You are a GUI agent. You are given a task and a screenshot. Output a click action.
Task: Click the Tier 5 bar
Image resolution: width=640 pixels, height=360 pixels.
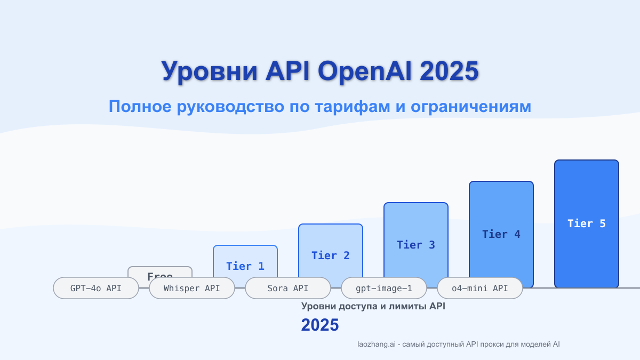coord(587,224)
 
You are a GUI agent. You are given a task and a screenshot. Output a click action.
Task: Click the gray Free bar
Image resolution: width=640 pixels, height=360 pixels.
coord(160,272)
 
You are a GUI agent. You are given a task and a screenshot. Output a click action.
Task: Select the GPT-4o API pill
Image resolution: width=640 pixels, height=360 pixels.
coord(96,288)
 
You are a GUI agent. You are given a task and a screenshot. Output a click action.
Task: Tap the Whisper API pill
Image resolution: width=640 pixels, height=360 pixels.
coord(192,288)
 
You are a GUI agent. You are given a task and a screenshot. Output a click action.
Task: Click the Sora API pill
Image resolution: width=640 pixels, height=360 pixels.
coord(288,288)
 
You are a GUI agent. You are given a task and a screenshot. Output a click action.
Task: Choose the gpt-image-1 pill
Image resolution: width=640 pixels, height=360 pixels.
coord(384,288)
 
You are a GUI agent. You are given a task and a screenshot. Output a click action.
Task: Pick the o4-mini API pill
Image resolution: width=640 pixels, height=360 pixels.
coord(480,288)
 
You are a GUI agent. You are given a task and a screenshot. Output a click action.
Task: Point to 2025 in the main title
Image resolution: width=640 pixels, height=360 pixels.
coord(449,71)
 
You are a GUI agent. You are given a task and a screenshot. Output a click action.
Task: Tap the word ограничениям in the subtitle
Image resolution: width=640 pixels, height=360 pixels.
coord(471,107)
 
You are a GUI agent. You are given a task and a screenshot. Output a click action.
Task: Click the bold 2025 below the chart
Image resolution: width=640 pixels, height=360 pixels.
coord(320,325)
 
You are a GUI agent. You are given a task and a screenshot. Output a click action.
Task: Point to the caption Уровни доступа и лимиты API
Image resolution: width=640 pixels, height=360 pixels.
coord(373,306)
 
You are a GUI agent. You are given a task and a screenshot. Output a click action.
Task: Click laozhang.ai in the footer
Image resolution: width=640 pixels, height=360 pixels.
coord(377,345)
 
